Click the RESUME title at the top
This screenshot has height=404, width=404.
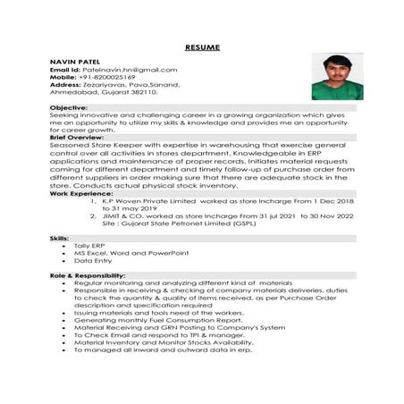pos(201,46)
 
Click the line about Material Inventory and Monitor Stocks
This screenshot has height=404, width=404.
pos(157,341)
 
